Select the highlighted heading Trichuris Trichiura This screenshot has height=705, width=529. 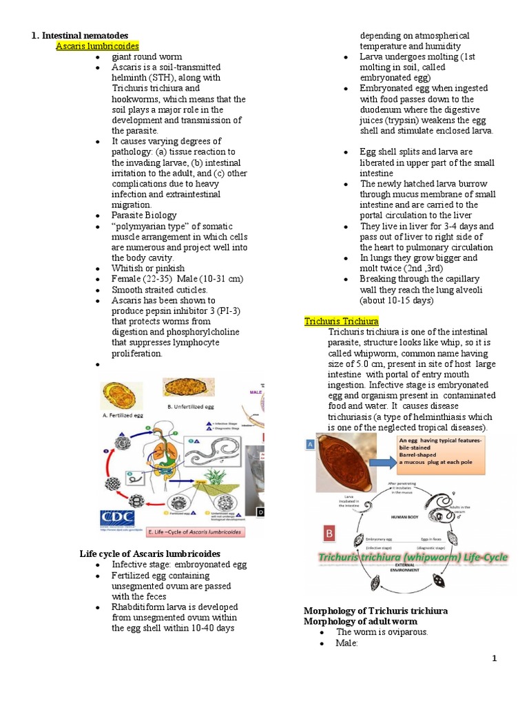pos(342,322)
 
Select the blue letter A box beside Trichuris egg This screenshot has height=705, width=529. pos(311,445)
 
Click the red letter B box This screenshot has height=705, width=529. pos(329,533)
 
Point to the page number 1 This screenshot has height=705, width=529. pos(494,659)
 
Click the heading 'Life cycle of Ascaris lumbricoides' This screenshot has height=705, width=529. pos(150,554)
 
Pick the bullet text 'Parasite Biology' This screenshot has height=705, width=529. pos(145,215)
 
